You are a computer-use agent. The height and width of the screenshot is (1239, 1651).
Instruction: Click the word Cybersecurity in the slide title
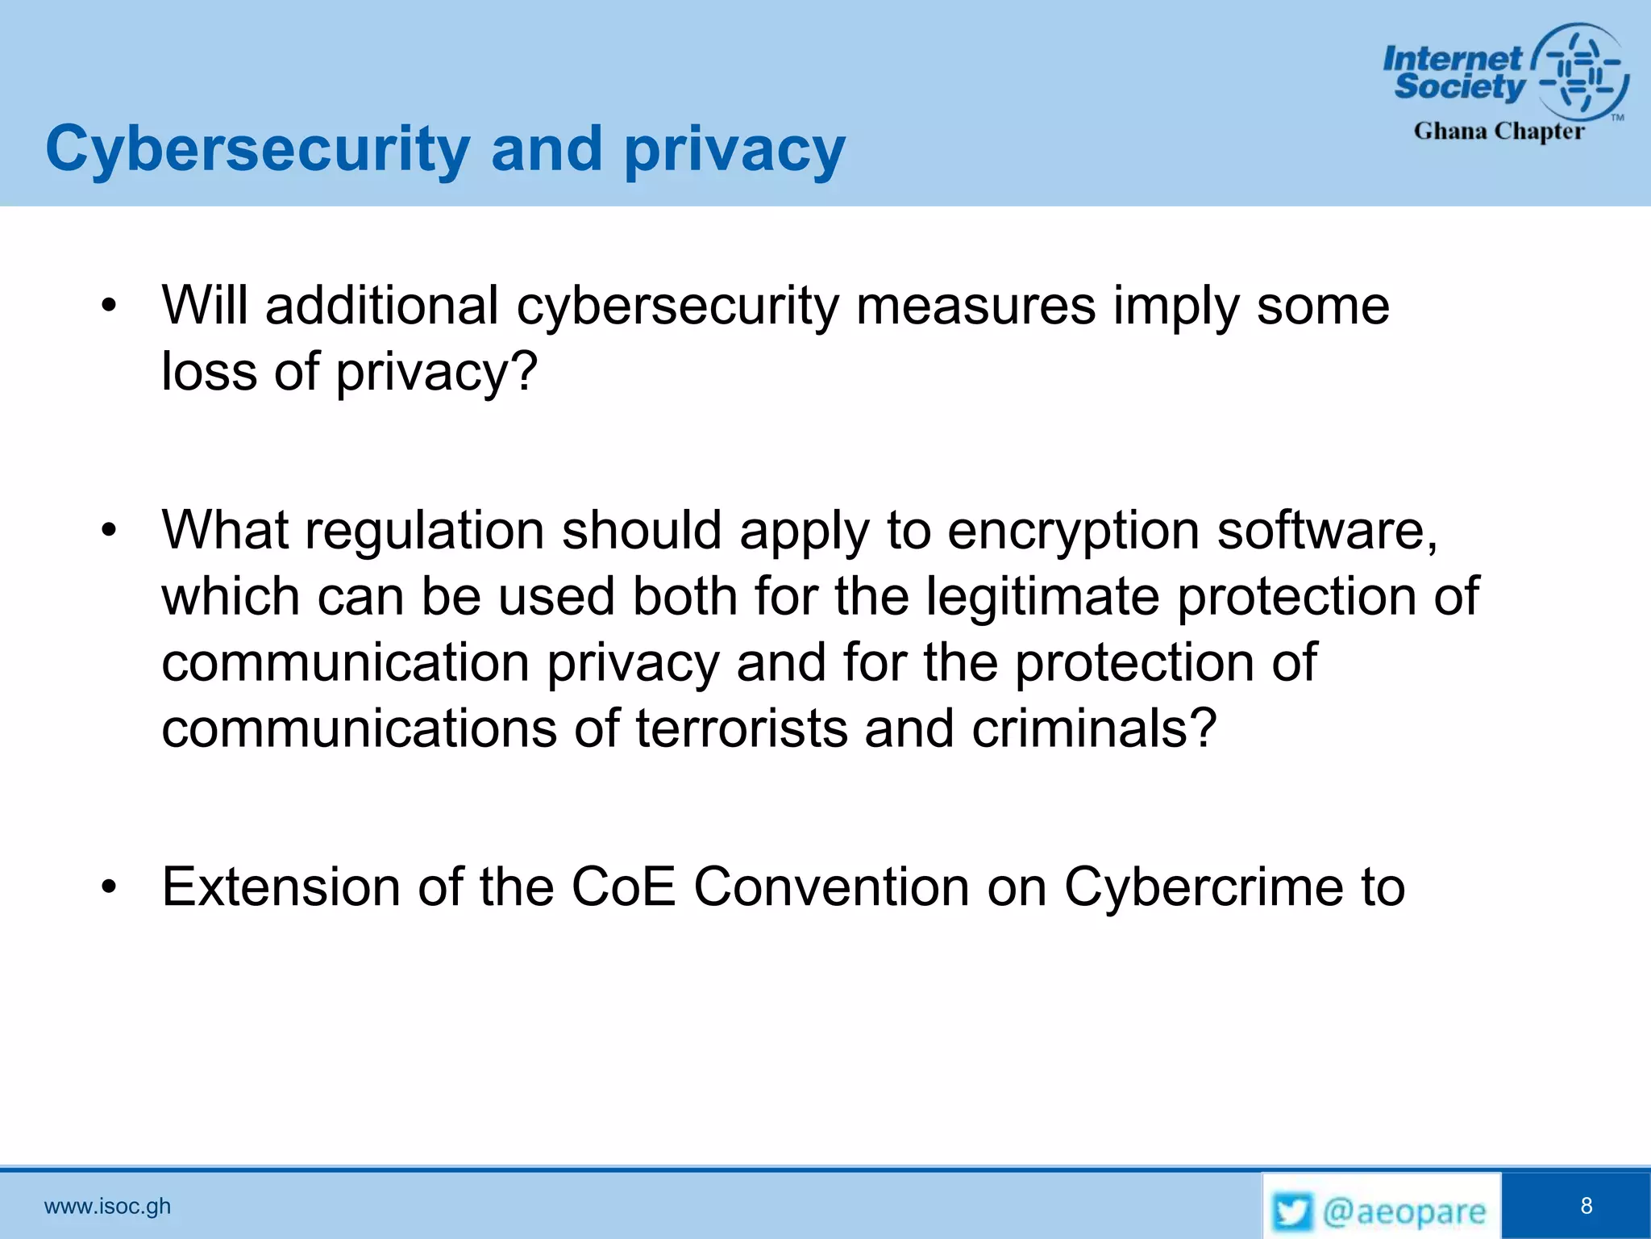pyautogui.click(x=257, y=149)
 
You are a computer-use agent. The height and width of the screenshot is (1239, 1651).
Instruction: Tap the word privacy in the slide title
pyautogui.click(x=734, y=149)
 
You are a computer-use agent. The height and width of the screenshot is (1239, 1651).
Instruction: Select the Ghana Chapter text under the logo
pyautogui.click(x=1499, y=131)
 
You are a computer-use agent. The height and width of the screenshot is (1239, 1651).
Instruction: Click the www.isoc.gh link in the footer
pyautogui.click(x=107, y=1206)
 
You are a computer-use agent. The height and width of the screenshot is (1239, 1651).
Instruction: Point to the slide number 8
pyautogui.click(x=1587, y=1206)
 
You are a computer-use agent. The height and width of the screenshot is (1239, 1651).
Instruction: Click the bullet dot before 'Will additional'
pyautogui.click(x=109, y=307)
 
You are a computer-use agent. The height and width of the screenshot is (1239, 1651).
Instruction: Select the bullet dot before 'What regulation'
pyautogui.click(x=109, y=531)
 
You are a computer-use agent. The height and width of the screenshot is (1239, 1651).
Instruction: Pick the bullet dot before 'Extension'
pyautogui.click(x=109, y=887)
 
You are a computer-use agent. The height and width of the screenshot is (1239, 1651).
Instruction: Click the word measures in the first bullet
pyautogui.click(x=975, y=307)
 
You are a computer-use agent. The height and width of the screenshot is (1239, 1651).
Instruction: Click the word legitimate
pyautogui.click(x=1043, y=597)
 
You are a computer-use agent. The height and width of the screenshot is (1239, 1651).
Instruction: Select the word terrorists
pyautogui.click(x=742, y=728)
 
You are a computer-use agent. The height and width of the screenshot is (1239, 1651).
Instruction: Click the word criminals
pyautogui.click(x=1092, y=728)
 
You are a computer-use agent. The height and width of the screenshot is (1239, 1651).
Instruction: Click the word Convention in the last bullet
pyautogui.click(x=831, y=887)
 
